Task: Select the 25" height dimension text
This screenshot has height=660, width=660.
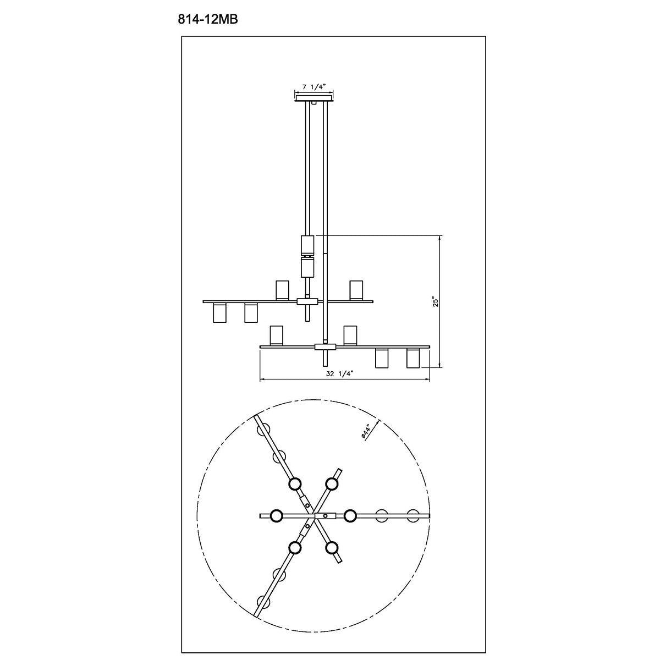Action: point(435,302)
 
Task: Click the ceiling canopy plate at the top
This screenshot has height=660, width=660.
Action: point(314,99)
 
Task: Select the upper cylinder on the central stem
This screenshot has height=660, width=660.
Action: point(307,244)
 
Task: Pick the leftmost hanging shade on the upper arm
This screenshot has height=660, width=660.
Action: point(219,312)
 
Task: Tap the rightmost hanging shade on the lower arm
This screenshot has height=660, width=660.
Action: point(413,358)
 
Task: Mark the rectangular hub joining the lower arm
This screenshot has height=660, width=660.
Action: point(325,346)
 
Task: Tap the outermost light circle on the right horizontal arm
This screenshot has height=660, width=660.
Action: point(413,515)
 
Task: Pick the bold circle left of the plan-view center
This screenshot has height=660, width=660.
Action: point(276,515)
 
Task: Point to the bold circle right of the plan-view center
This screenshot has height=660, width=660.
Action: point(350,515)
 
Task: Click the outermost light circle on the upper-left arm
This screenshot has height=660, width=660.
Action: point(265,428)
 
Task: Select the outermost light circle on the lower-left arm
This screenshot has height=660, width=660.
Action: point(265,602)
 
